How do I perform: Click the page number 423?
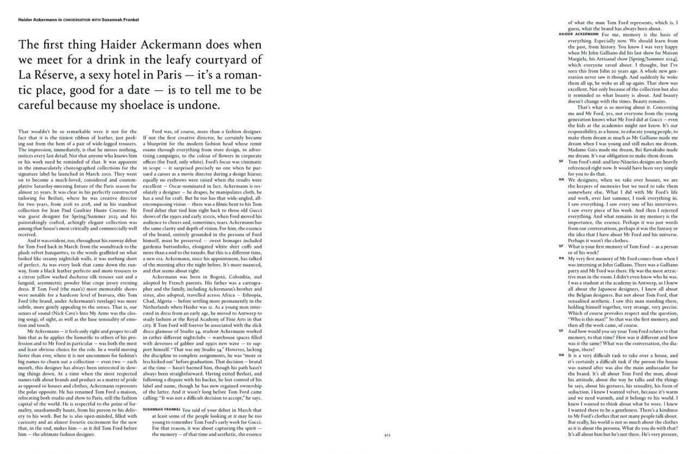click(x=387, y=435)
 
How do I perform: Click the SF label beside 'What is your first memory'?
click(x=561, y=246)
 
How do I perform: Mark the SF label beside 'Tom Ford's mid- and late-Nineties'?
click(x=561, y=161)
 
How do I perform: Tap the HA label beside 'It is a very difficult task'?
click(x=561, y=355)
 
